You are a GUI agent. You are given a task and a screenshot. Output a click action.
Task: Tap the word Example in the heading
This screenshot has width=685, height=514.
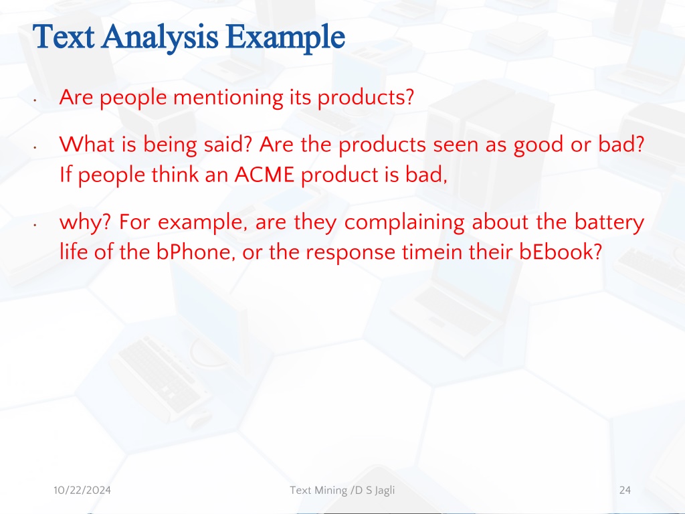(x=286, y=38)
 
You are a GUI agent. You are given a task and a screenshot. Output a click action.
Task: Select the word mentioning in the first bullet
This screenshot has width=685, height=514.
(x=228, y=98)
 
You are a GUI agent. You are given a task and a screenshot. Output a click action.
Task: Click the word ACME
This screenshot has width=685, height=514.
(x=264, y=175)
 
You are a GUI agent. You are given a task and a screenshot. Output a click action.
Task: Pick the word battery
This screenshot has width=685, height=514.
(x=609, y=223)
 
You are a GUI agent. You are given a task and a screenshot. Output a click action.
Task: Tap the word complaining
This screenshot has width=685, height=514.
(x=405, y=223)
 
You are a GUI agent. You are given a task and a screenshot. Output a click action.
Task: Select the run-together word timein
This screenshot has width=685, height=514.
(x=431, y=252)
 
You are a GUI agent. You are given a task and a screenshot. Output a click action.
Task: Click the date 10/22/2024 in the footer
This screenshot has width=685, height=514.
(x=82, y=491)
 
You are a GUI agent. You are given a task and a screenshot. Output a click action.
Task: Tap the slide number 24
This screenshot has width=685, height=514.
(x=625, y=491)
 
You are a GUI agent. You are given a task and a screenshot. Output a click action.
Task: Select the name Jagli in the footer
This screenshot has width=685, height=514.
(x=385, y=491)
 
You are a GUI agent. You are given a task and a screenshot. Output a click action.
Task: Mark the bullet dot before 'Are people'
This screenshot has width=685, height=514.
(x=35, y=100)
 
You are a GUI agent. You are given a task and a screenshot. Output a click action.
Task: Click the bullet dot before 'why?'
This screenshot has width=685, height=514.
(x=35, y=226)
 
